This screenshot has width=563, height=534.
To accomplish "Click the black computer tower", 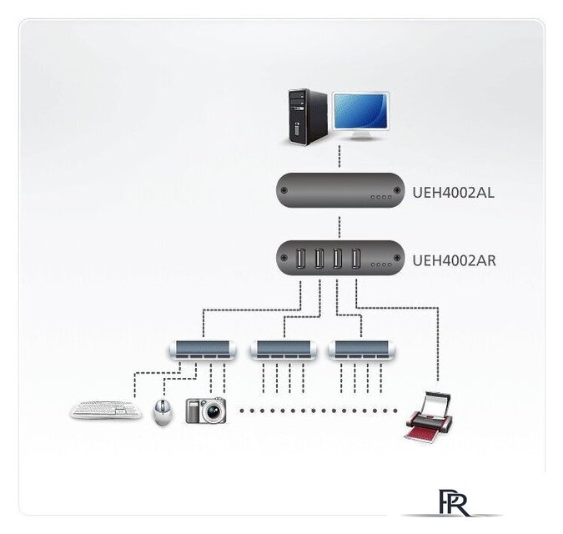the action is click(308, 117).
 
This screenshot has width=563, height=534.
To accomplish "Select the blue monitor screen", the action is click(361, 111).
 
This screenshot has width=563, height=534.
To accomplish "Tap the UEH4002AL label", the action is click(453, 193).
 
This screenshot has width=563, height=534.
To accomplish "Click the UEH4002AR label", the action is click(454, 260).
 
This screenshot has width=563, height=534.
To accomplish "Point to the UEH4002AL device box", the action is click(340, 190).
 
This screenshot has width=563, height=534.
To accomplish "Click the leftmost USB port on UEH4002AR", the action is click(300, 258).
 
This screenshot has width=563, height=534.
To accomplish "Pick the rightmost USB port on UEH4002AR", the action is click(356, 258).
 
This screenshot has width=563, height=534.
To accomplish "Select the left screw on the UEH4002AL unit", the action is click(284, 190).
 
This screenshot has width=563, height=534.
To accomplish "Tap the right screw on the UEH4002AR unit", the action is click(397, 258).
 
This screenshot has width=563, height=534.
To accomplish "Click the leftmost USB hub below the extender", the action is click(203, 350).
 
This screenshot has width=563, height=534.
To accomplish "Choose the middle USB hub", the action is click(284, 350).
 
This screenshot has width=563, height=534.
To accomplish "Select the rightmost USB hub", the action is click(361, 350).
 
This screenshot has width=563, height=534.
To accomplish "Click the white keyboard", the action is click(106, 410).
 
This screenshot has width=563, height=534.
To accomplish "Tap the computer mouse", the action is click(163, 412).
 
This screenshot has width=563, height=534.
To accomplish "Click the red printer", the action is click(429, 416).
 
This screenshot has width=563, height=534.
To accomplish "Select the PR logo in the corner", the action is click(454, 502).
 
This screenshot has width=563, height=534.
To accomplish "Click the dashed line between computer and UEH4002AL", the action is click(339, 157).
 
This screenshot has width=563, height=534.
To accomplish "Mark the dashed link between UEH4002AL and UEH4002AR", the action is click(339, 226).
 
